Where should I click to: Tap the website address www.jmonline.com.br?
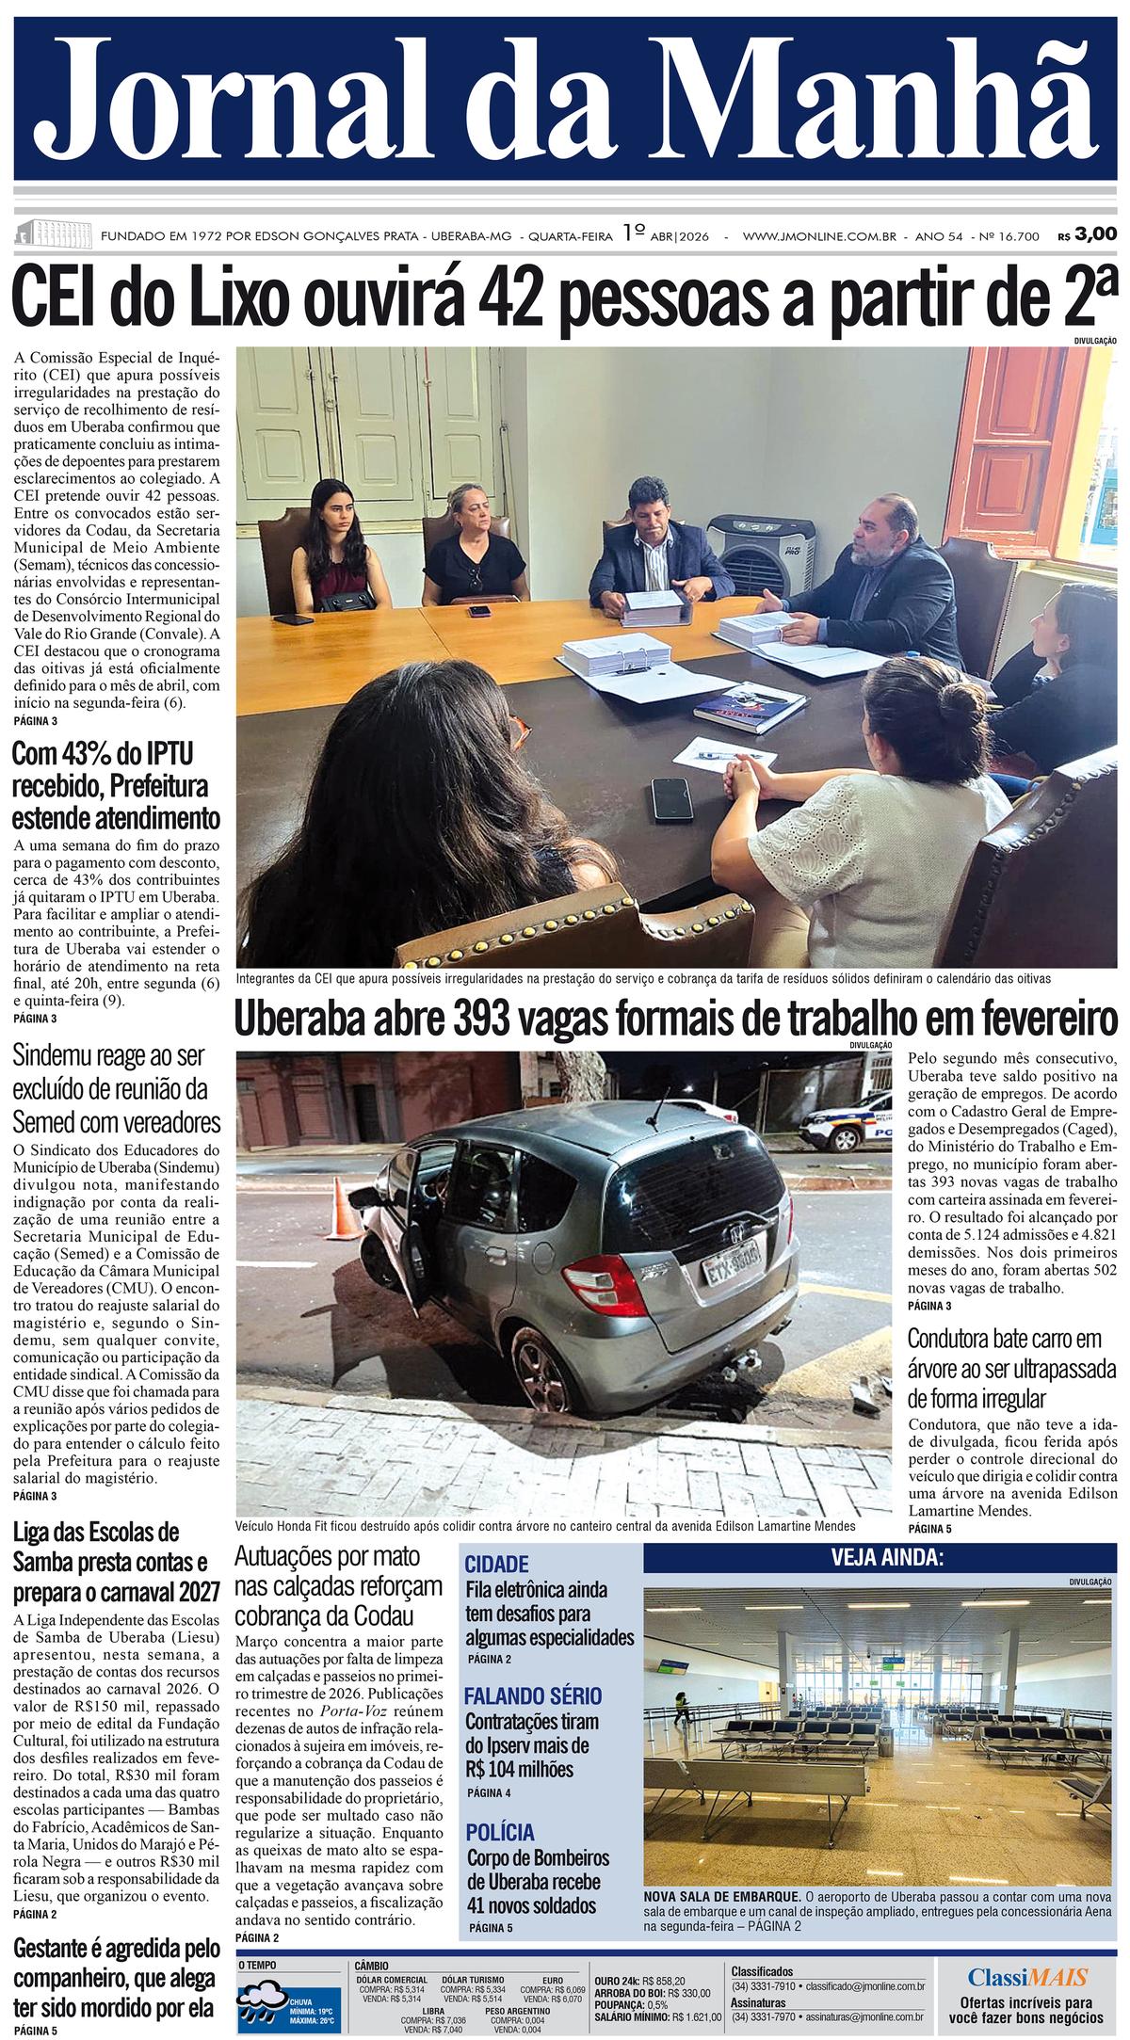pos(818,235)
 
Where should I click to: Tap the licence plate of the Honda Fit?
pos(731,1270)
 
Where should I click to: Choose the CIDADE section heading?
pos(497,1565)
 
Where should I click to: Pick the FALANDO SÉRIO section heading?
pos(533,1696)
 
